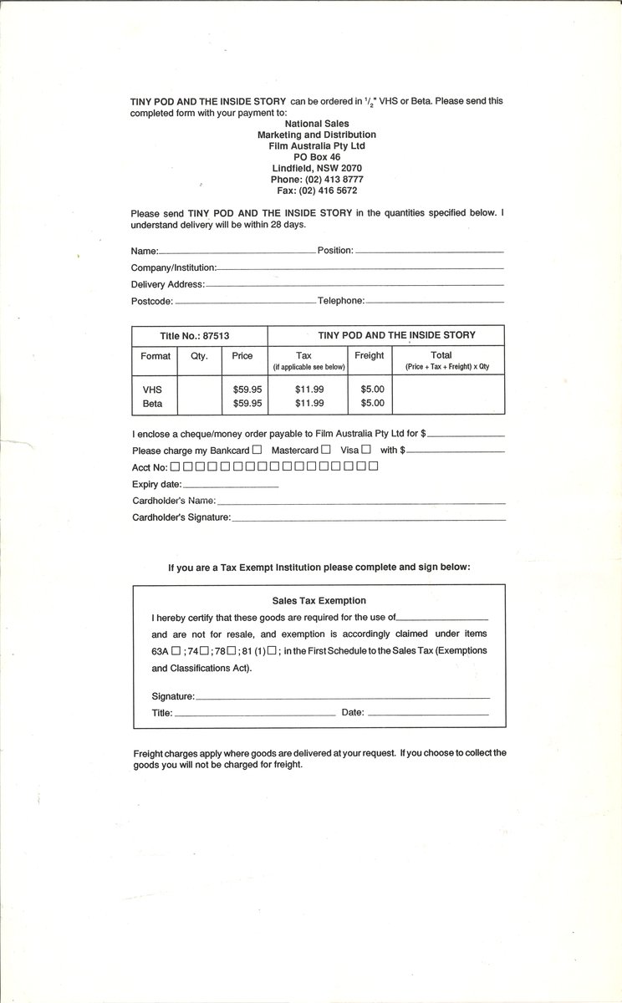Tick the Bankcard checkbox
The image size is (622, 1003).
coord(257,450)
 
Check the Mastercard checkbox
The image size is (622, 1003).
coord(325,450)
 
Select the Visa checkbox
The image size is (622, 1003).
coord(366,450)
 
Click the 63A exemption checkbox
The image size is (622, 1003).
coord(176,651)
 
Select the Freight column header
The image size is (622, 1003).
coord(369,355)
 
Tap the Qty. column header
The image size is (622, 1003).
coord(199,355)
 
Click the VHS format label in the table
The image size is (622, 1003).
coord(152,389)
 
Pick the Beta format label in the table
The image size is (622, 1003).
coord(152,403)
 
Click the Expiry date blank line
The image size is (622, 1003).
coord(230,486)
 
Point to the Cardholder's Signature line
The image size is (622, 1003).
coord(368,519)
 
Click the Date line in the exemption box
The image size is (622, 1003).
coord(428,714)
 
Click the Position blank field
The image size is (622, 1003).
coord(430,251)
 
